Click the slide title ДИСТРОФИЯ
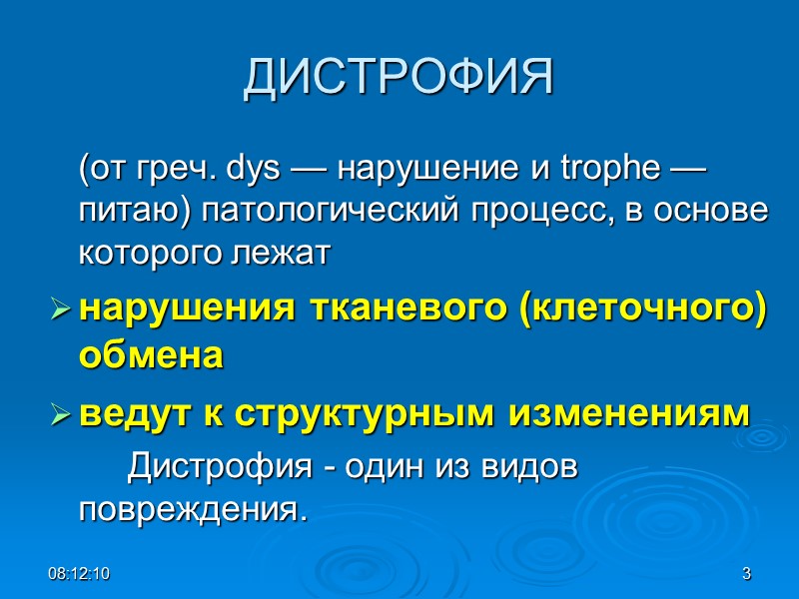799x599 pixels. tap(399, 79)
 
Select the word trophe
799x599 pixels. tap(618, 170)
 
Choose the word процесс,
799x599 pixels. tap(516, 212)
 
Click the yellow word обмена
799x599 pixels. tap(150, 354)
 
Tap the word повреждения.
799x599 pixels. tap(189, 509)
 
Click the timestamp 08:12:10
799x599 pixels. tap(83, 574)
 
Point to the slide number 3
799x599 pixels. tap(746, 574)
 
